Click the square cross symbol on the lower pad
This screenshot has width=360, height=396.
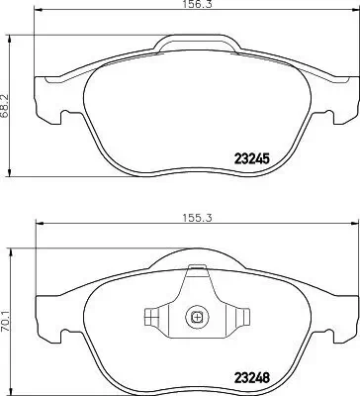click(196, 318)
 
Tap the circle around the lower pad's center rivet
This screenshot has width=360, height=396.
click(196, 318)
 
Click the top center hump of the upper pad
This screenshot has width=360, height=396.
click(197, 44)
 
